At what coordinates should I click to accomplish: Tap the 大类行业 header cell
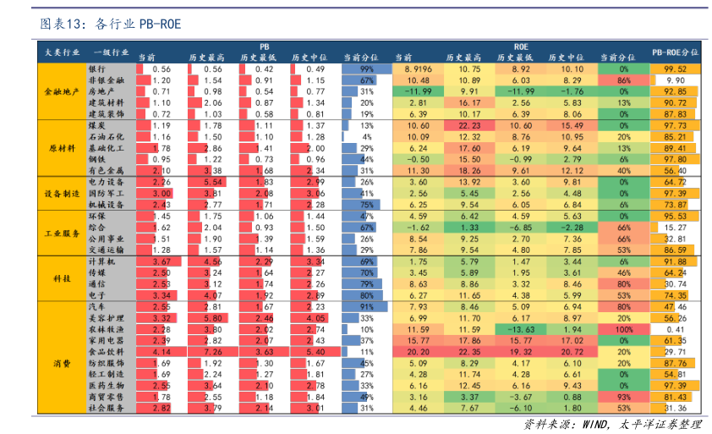click(x=63, y=52)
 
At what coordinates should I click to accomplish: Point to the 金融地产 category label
click(x=63, y=91)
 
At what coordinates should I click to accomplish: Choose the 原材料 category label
click(x=63, y=148)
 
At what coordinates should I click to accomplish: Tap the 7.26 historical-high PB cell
click(x=211, y=350)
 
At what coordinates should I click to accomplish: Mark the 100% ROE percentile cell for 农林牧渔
click(x=623, y=328)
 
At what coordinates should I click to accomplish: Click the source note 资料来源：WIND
click(x=614, y=423)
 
